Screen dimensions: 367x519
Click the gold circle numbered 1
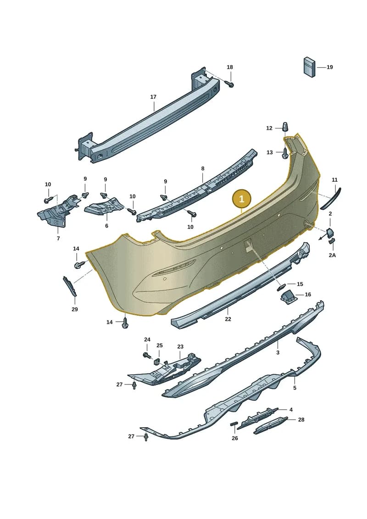(242, 199)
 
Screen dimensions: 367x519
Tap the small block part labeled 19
(309, 67)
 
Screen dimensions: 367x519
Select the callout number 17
(153, 97)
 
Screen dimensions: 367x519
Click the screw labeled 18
(231, 84)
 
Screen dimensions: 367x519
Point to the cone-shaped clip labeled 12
(286, 126)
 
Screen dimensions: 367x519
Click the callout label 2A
(332, 255)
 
